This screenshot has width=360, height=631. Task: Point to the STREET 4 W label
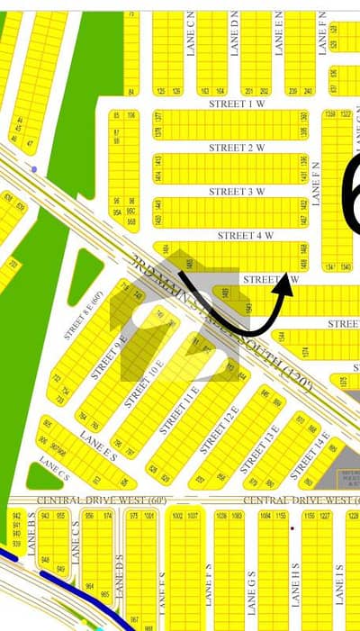click(x=246, y=235)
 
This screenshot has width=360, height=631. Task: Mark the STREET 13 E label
click(x=263, y=440)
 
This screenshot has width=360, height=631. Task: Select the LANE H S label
click(x=295, y=585)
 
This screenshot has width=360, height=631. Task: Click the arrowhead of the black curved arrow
click(x=289, y=282)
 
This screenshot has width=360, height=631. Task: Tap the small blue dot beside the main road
click(x=34, y=169)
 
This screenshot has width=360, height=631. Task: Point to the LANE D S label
click(x=119, y=571)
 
